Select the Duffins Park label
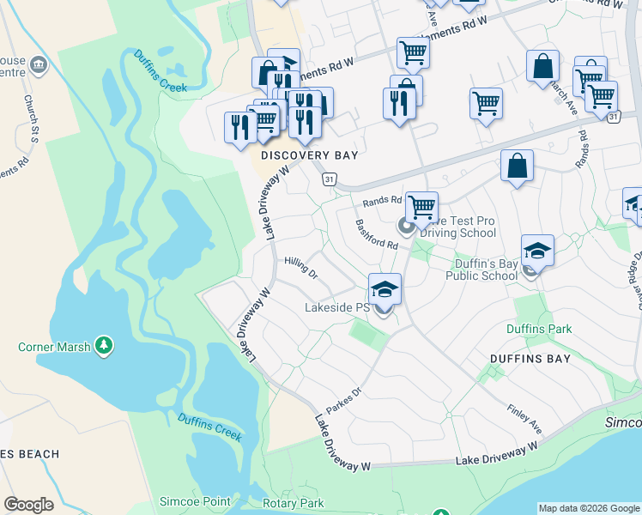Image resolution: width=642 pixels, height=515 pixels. coord(538,329)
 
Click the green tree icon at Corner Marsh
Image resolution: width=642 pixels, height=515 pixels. coord(104,346)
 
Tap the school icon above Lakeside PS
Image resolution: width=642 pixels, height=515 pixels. coord(385,288)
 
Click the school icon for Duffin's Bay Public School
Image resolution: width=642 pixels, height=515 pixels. coord(537,250)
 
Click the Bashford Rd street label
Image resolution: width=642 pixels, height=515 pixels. coord(377,234)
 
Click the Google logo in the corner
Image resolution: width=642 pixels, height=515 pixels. coord(28,505)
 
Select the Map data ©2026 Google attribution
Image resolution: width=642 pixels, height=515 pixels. coord(588,508)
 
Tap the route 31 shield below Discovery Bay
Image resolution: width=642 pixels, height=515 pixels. coord(329,179)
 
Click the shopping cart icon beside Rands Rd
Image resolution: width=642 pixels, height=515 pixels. coord(421,207)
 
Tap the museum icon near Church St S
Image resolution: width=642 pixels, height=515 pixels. coord(38,64)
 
